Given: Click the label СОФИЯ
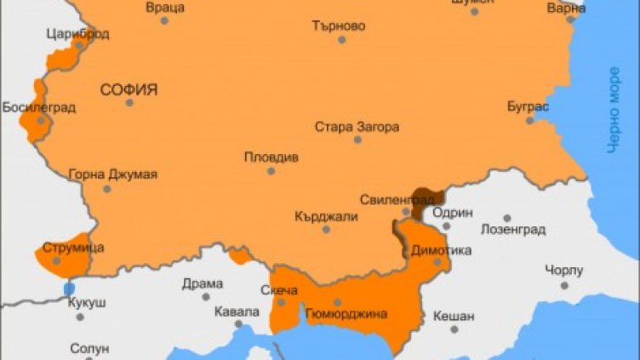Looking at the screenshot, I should (x=129, y=89).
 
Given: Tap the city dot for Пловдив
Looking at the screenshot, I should (x=271, y=171).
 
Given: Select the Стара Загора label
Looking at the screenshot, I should (x=357, y=127).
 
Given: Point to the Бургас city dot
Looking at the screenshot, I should (x=529, y=120).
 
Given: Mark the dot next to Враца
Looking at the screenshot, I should (x=164, y=20).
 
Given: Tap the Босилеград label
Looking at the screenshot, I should (x=39, y=107).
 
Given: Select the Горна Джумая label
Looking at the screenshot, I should (x=112, y=174).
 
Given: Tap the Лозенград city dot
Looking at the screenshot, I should (x=507, y=218).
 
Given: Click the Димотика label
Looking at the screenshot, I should (x=441, y=250).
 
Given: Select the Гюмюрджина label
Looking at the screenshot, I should (x=346, y=314).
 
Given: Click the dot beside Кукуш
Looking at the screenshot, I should (x=80, y=317).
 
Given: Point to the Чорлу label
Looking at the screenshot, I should (x=564, y=271).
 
